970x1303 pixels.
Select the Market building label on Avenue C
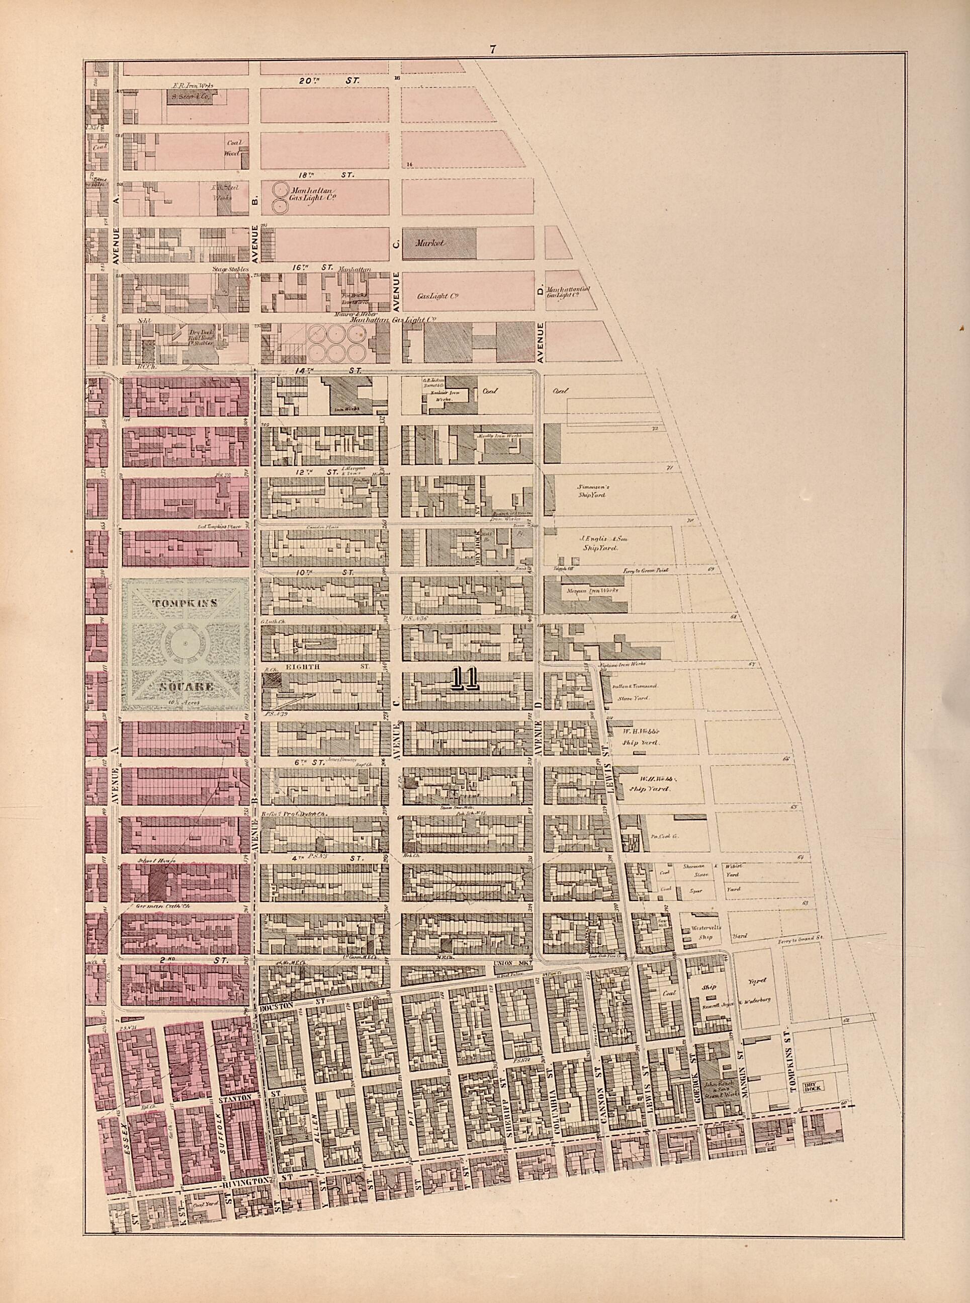(x=431, y=242)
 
